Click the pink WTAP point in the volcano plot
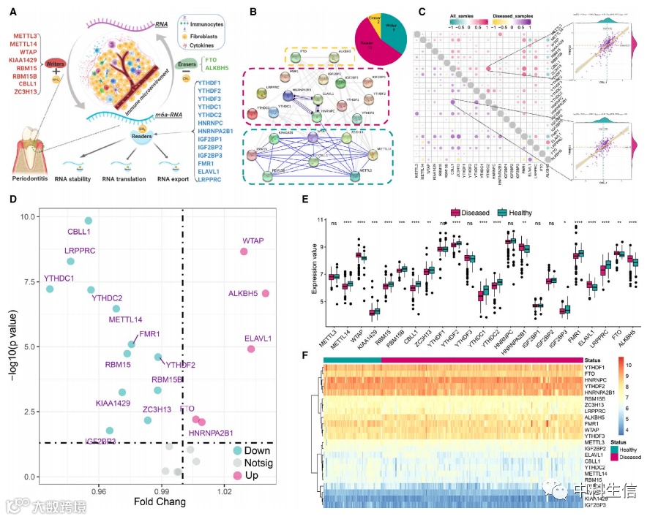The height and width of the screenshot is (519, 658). tap(244, 252)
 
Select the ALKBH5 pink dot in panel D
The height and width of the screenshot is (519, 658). tap(266, 294)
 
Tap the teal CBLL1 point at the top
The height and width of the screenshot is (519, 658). tap(89, 221)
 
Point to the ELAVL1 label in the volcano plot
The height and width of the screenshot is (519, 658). tap(258, 338)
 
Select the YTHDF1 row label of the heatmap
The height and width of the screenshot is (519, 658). tap(600, 367)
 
